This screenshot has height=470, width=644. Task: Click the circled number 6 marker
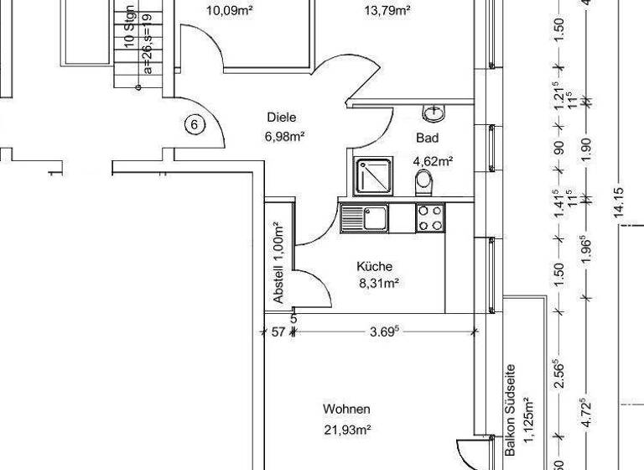tap(194, 125)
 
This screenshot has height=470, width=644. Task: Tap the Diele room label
tap(282, 118)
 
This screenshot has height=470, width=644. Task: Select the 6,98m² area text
tap(284, 137)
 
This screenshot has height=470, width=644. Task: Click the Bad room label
tap(426, 138)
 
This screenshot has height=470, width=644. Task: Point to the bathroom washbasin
tap(434, 112)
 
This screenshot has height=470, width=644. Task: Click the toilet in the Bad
tap(423, 180)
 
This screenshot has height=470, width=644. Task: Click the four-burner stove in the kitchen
tap(430, 218)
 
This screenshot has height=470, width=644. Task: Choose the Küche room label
tap(373, 266)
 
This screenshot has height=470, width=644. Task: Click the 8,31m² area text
tap(378, 284)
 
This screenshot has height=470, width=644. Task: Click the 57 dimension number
tap(278, 332)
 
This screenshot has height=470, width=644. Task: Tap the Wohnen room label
tap(346, 410)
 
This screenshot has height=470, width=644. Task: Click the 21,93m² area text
tap(346, 430)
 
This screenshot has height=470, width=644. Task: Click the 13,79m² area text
tap(387, 11)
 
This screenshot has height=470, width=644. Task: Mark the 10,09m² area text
tap(229, 11)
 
